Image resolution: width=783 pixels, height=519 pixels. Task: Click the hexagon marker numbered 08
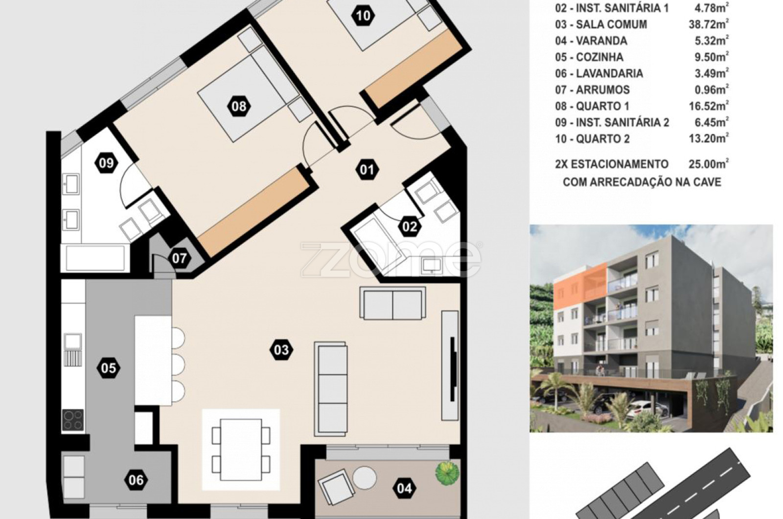pyautogui.click(x=239, y=106)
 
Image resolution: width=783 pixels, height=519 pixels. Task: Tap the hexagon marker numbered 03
pyautogui.click(x=281, y=350)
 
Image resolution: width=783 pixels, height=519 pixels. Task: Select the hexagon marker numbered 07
pyautogui.click(x=180, y=259)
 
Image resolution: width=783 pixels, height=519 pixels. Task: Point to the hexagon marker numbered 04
pyautogui.click(x=404, y=488)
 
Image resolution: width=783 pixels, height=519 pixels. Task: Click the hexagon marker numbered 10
pyautogui.click(x=364, y=16)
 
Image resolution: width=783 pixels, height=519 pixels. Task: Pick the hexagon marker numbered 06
pyautogui.click(x=136, y=480)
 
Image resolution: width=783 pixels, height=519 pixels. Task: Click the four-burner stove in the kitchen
pyautogui.click(x=73, y=420)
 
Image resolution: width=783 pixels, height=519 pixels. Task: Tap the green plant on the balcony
pyautogui.click(x=447, y=473)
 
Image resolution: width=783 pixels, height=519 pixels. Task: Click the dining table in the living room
pyautogui.click(x=241, y=450)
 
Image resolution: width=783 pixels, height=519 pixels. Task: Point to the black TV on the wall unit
pyautogui.click(x=453, y=369)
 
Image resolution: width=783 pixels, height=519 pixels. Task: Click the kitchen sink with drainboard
pyautogui.click(x=73, y=350)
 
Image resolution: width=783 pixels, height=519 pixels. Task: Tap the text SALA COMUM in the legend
pyautogui.click(x=611, y=24)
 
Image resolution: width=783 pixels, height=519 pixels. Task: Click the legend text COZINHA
pyautogui.click(x=599, y=57)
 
